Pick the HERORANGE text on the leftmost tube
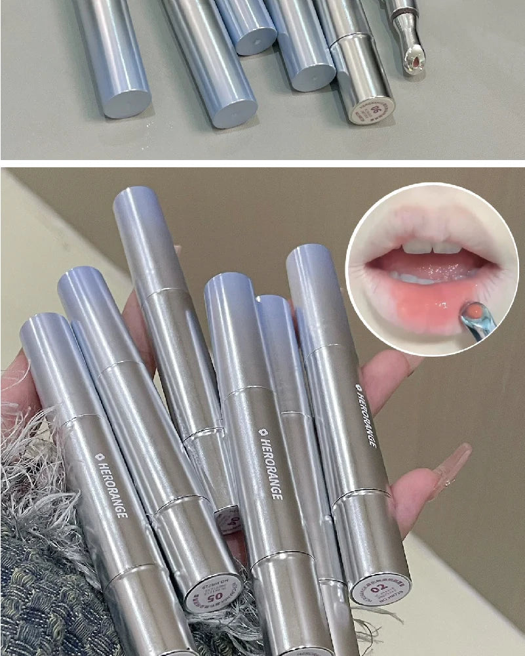111,485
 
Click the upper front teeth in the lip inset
430,247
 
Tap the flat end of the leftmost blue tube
126,104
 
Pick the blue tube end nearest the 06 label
313,77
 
